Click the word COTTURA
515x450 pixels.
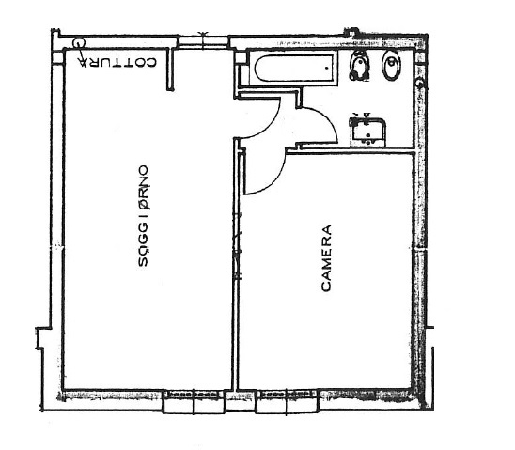pyautogui.click(x=117, y=62)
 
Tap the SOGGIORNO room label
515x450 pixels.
pyautogui.click(x=143, y=216)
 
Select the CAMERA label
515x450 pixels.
pyautogui.click(x=326, y=258)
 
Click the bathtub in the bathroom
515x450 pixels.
pyautogui.click(x=294, y=68)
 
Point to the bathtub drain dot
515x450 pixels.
pyautogui.click(x=327, y=68)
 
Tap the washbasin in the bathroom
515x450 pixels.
pyautogui.click(x=367, y=130)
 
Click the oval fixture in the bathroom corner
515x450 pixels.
pyautogui.click(x=392, y=66)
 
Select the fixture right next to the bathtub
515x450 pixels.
pyautogui.click(x=360, y=66)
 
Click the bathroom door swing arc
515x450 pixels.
pyautogui.click(x=325, y=120)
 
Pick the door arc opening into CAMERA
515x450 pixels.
pyautogui.click(x=272, y=178)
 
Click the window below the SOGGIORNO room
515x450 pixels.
pyautogui.click(x=194, y=401)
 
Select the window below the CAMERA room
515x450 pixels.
pyautogui.click(x=288, y=401)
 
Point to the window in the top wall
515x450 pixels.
pyautogui.click(x=204, y=41)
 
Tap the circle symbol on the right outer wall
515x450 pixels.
pyautogui.click(x=419, y=84)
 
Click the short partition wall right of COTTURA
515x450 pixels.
pyautogui.click(x=170, y=69)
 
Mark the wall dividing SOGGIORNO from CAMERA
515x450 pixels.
pyautogui.click(x=236, y=264)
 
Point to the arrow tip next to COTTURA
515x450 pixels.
pyautogui.click(x=83, y=63)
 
